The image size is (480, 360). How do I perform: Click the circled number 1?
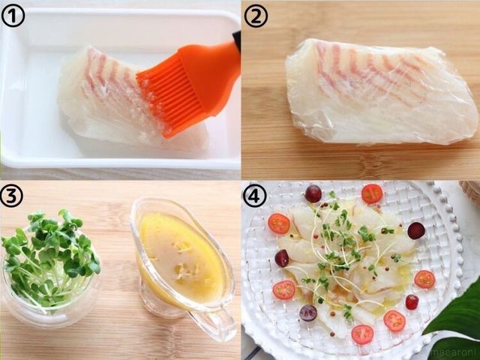tap(13, 15)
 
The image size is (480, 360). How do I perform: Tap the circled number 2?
tap(256, 16)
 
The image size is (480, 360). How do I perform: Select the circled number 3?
tap(12, 196)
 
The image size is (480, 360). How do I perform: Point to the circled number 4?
tap(254, 195)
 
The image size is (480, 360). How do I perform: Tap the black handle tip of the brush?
tap(237, 37)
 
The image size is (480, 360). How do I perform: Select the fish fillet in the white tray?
tap(128, 101)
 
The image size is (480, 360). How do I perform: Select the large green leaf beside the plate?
tap(456, 325)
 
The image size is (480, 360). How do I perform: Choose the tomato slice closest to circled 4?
tap(279, 223)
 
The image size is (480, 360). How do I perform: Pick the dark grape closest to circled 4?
tap(313, 193)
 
